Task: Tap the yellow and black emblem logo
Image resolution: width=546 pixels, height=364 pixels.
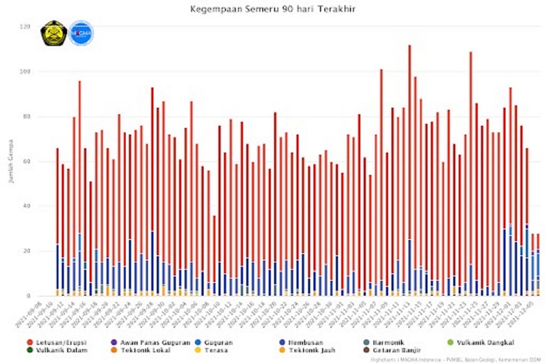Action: (54, 33)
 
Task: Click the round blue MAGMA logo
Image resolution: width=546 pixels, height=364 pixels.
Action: (81, 33)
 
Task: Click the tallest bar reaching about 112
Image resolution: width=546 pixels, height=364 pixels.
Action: (409, 171)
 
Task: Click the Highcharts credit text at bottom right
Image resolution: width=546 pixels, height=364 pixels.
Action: (455, 359)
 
